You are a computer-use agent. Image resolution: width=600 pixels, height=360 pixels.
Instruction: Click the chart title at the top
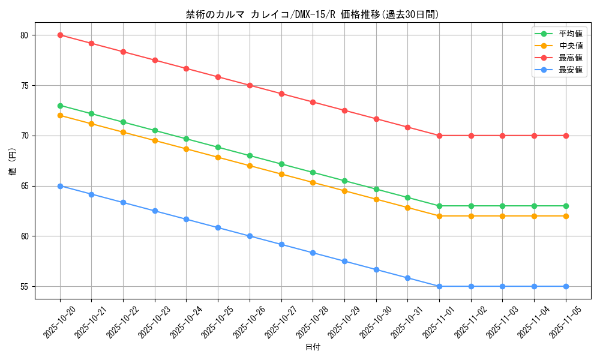pyautogui.click(x=312, y=14)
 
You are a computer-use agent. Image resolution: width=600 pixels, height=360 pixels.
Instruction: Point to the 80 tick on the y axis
pyautogui.click(x=24, y=35)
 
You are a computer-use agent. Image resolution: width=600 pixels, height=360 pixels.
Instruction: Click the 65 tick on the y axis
pyautogui.click(x=24, y=186)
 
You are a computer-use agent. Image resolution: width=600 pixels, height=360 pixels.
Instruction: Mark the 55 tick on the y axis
pyautogui.click(x=24, y=287)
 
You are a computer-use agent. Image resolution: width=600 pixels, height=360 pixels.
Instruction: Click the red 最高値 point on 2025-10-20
pyautogui.click(x=60, y=35)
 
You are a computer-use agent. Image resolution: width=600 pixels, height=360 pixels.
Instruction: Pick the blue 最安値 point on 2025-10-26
pyautogui.click(x=250, y=236)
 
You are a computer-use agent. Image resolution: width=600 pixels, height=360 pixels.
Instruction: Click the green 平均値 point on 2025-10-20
pyautogui.click(x=60, y=106)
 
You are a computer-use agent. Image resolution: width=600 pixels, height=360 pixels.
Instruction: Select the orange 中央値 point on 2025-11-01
pyautogui.click(x=439, y=216)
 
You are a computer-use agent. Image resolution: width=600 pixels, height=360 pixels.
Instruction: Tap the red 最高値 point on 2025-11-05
pyautogui.click(x=566, y=136)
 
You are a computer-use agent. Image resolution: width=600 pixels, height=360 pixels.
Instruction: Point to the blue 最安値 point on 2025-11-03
pyautogui.click(x=502, y=286)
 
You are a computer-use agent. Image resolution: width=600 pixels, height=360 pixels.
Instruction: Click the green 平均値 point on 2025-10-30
pyautogui.click(x=376, y=189)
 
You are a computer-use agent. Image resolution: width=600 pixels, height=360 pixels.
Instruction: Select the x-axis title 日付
pyautogui.click(x=313, y=347)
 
